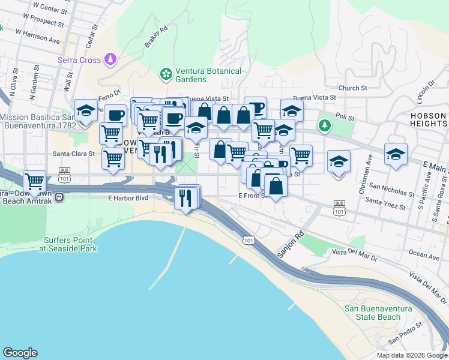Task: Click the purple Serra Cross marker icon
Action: point(110,59)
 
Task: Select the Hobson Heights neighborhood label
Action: point(428,119)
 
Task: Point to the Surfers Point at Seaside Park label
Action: point(70,244)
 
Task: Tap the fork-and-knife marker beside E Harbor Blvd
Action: point(185,197)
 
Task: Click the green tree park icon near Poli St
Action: point(325,125)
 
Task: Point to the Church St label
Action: point(352,88)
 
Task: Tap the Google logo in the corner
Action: point(20,353)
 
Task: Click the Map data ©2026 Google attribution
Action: point(411,355)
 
